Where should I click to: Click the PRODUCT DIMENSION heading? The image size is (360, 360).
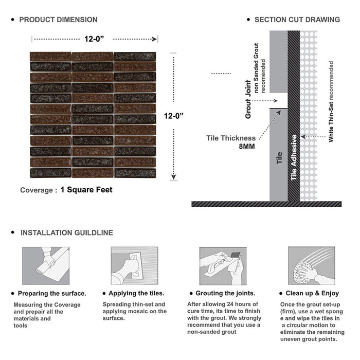(58, 20)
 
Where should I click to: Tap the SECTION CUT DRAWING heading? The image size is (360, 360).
(297, 20)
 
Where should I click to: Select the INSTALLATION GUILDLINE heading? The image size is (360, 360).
(66, 233)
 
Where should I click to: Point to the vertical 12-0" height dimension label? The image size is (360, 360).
(174, 116)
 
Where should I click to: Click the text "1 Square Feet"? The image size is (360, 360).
(86, 190)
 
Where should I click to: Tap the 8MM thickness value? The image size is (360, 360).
(247, 147)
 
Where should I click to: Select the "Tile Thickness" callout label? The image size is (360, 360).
(231, 138)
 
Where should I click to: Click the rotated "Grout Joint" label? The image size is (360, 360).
(248, 99)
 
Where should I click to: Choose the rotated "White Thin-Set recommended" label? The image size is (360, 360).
(331, 102)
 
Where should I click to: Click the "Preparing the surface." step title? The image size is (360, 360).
(52, 294)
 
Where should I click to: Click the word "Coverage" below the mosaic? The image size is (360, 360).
(36, 190)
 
